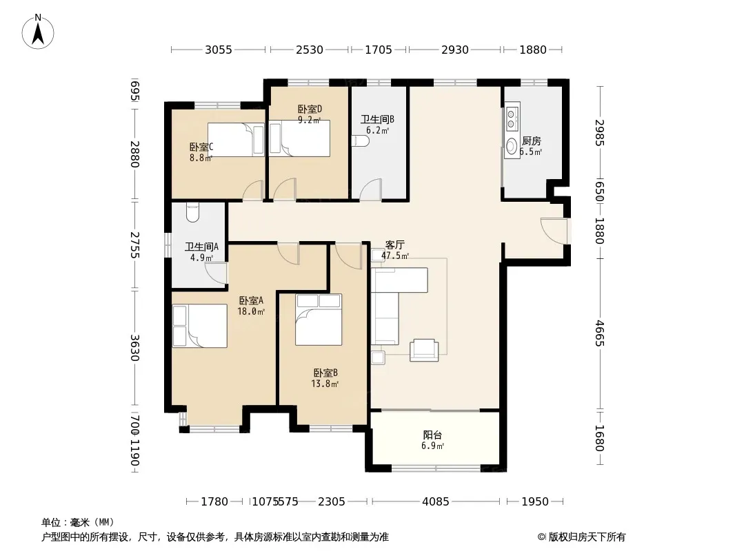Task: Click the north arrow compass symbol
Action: [38, 32]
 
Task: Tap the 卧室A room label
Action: [251, 300]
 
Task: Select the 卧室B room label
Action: [325, 373]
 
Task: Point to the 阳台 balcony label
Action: [432, 435]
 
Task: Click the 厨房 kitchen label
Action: [532, 141]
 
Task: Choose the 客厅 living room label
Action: [394, 245]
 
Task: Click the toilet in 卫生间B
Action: [361, 141]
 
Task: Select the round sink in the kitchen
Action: [511, 147]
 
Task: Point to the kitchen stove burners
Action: [511, 119]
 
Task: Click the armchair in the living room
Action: [424, 350]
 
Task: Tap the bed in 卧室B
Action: [319, 320]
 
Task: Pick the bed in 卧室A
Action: [200, 326]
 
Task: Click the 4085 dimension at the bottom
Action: [436, 502]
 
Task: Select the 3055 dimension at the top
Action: [219, 50]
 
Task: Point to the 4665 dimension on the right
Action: [600, 334]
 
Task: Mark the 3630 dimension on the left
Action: [134, 348]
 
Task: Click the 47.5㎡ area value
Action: [394, 256]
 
